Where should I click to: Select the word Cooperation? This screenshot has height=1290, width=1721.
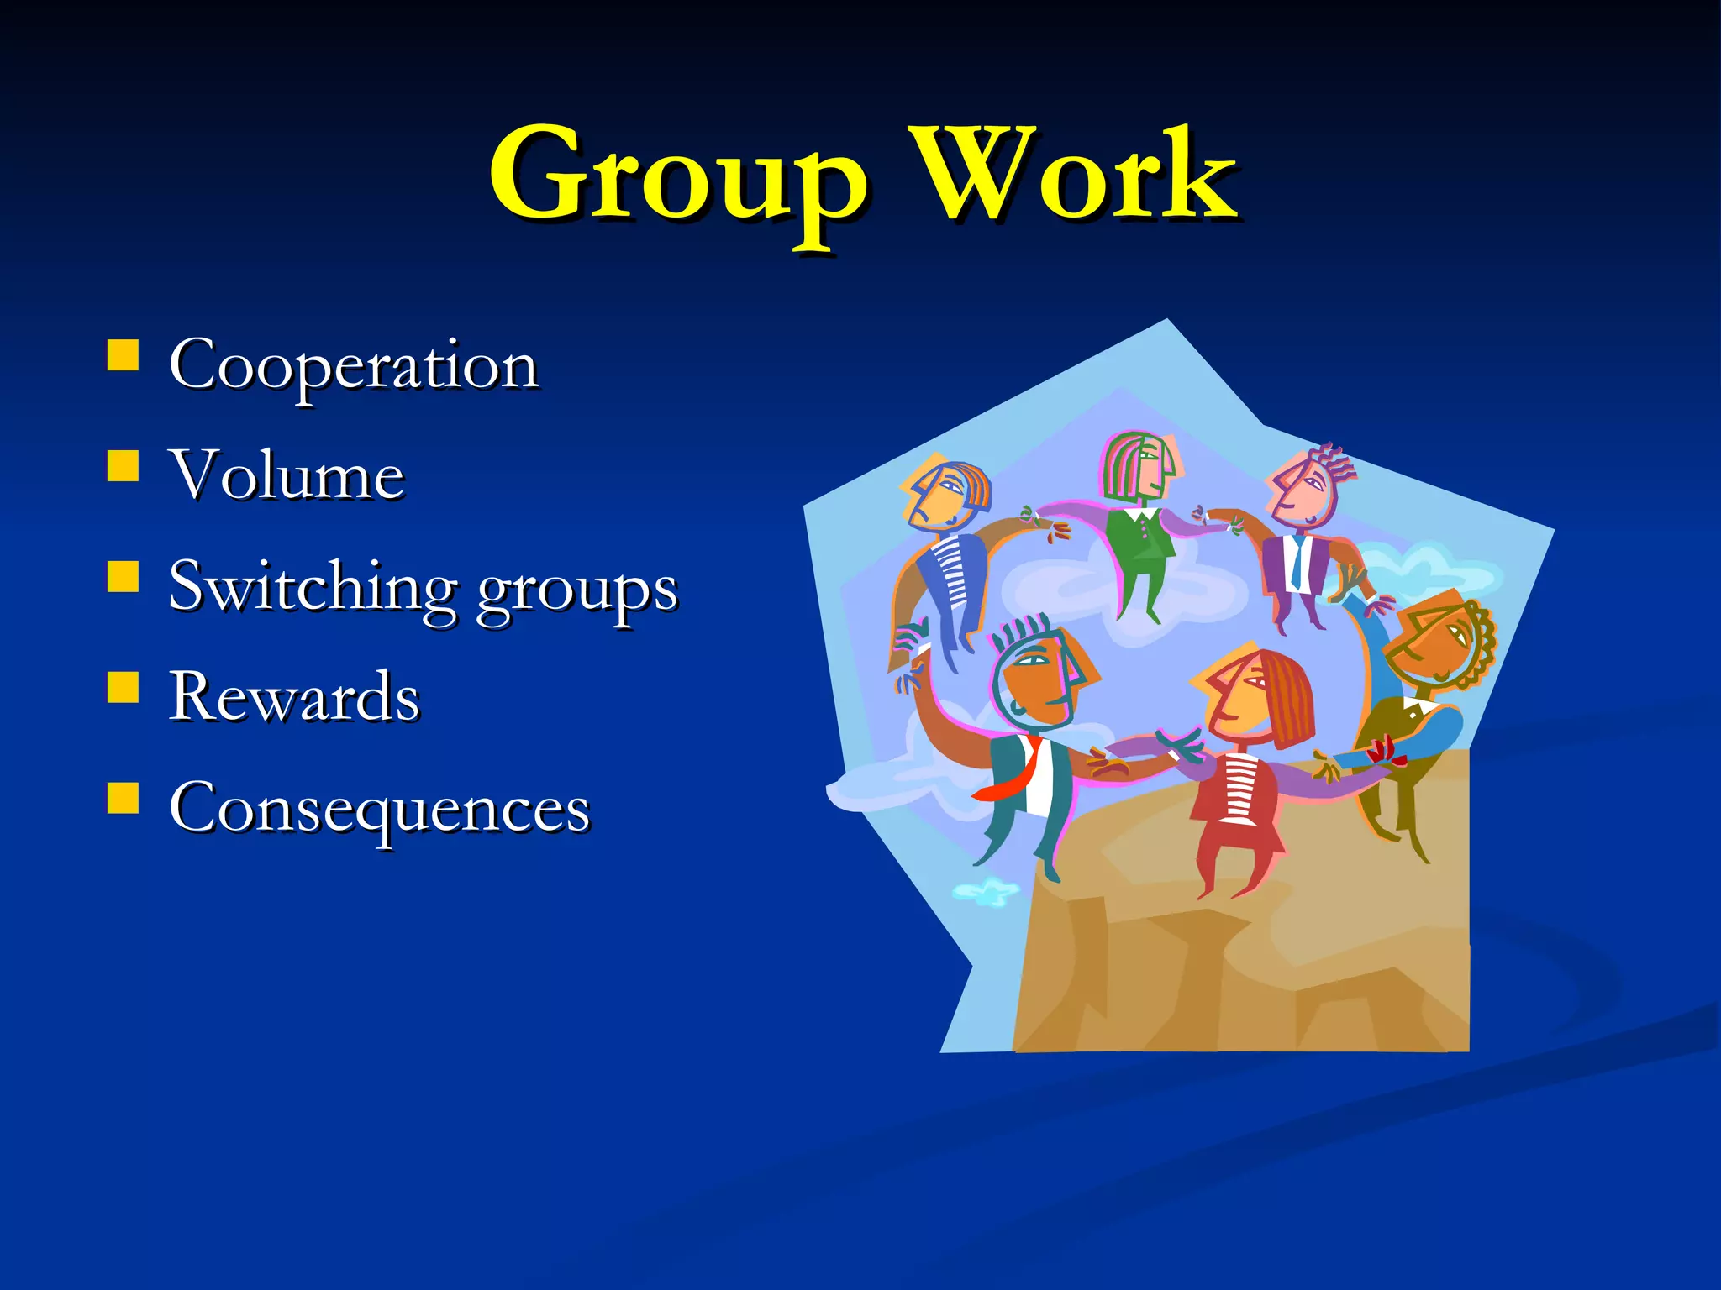[x=353, y=366]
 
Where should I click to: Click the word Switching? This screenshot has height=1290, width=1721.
[x=312, y=587]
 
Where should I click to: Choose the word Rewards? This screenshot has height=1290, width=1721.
[x=293, y=696]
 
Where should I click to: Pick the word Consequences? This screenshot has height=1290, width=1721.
[x=379, y=808]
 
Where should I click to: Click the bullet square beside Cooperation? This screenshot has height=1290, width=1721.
[x=123, y=355]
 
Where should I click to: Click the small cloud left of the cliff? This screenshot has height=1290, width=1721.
[x=986, y=892]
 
